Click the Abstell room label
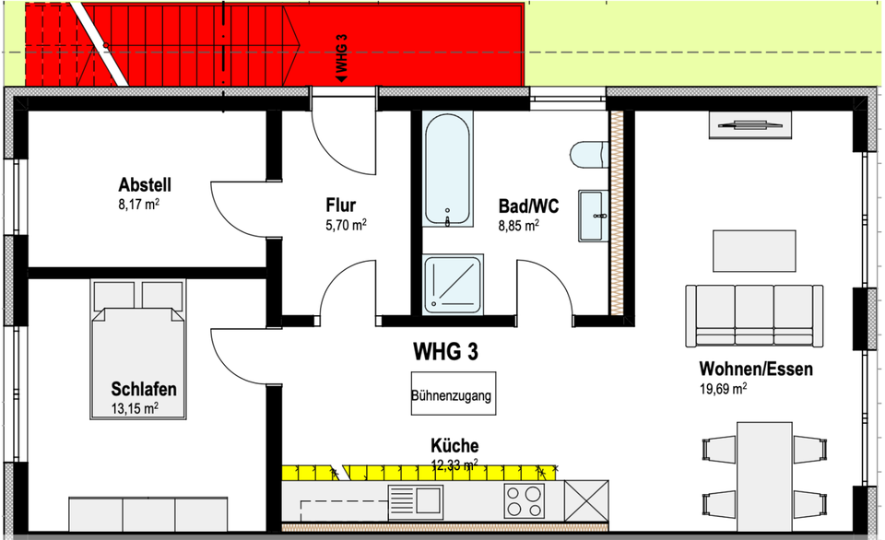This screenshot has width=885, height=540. [x=145, y=183]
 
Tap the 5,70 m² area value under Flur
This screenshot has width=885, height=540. [x=346, y=224]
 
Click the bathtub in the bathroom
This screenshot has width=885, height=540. [x=448, y=170]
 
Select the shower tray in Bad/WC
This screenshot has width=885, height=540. [x=454, y=284]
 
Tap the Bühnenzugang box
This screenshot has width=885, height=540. [x=453, y=396]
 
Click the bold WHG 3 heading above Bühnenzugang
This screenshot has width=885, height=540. [x=444, y=351]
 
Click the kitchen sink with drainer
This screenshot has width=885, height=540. [x=415, y=500]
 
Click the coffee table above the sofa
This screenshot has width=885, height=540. [x=754, y=251]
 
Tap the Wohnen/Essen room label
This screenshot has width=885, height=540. [x=755, y=370]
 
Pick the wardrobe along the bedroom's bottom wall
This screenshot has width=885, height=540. [x=148, y=513]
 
